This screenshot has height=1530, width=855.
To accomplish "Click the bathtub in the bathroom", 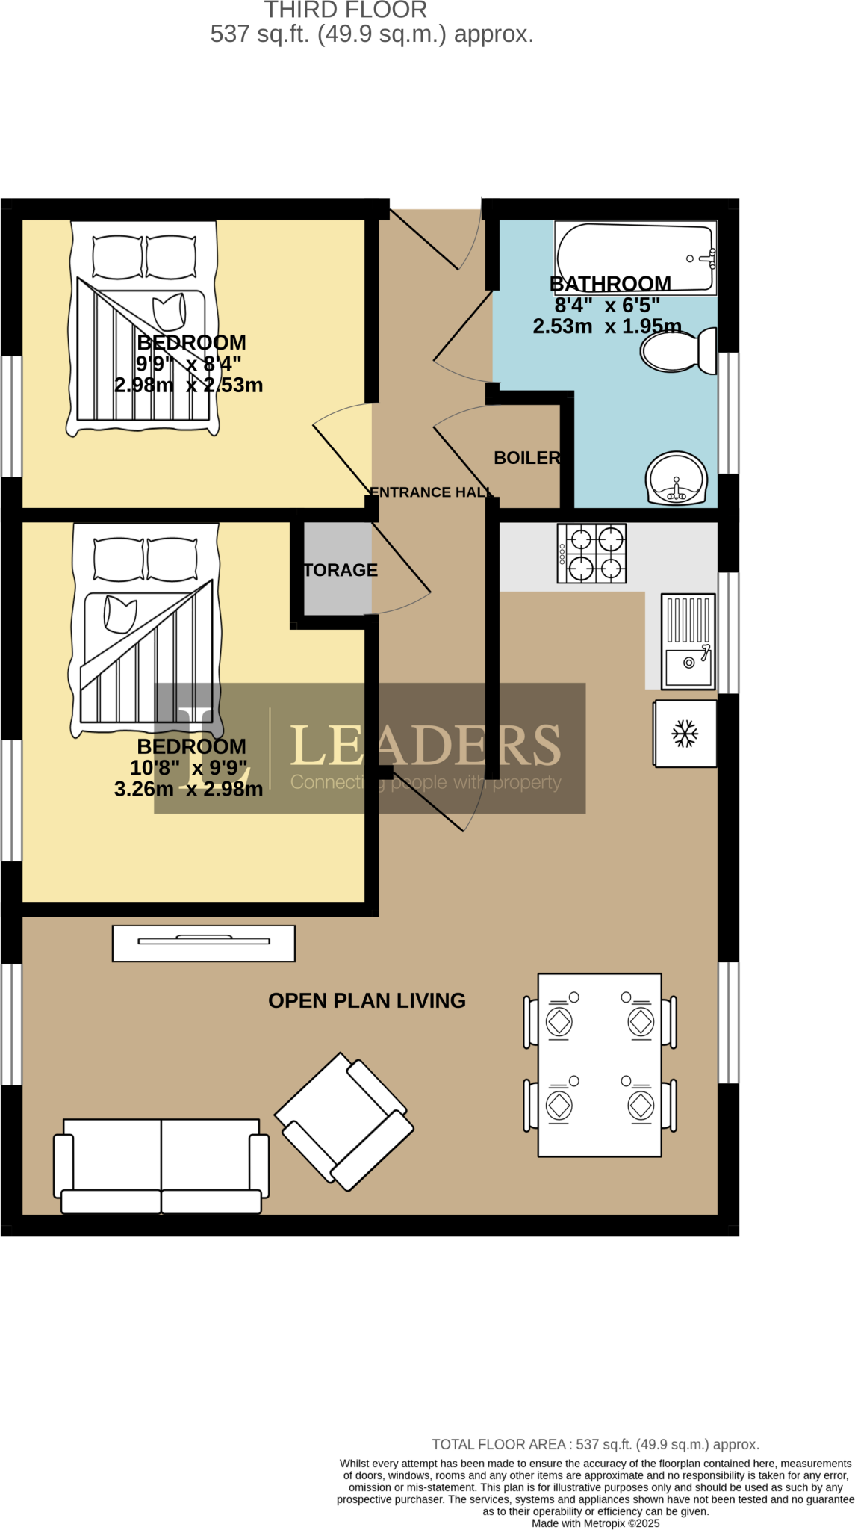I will point(635,257).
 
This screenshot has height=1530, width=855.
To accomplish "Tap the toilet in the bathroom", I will point(678,351).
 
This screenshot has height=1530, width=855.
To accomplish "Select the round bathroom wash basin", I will point(677,478).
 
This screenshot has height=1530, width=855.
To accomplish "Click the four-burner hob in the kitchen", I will point(591,554).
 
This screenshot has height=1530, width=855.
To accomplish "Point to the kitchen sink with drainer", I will point(688,641).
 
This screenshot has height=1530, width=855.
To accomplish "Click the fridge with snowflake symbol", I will point(685,734).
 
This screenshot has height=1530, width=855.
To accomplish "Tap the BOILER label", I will point(527,458).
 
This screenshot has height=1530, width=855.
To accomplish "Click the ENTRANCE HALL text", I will point(431,492).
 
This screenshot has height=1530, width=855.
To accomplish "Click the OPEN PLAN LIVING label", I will point(367,1000).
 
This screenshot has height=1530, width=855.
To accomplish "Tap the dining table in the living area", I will point(600,1065).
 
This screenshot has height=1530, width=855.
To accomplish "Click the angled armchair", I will point(344,1121).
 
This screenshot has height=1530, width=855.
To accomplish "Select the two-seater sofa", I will point(161,1166).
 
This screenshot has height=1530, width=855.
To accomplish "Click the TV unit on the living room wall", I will point(204,943).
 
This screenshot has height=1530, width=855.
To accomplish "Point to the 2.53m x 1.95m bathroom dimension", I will point(606,326).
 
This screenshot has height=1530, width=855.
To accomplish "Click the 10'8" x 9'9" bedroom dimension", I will point(188,768).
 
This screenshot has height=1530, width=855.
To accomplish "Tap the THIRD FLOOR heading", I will point(345,10).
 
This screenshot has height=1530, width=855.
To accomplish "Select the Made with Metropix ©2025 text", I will point(595,1523).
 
